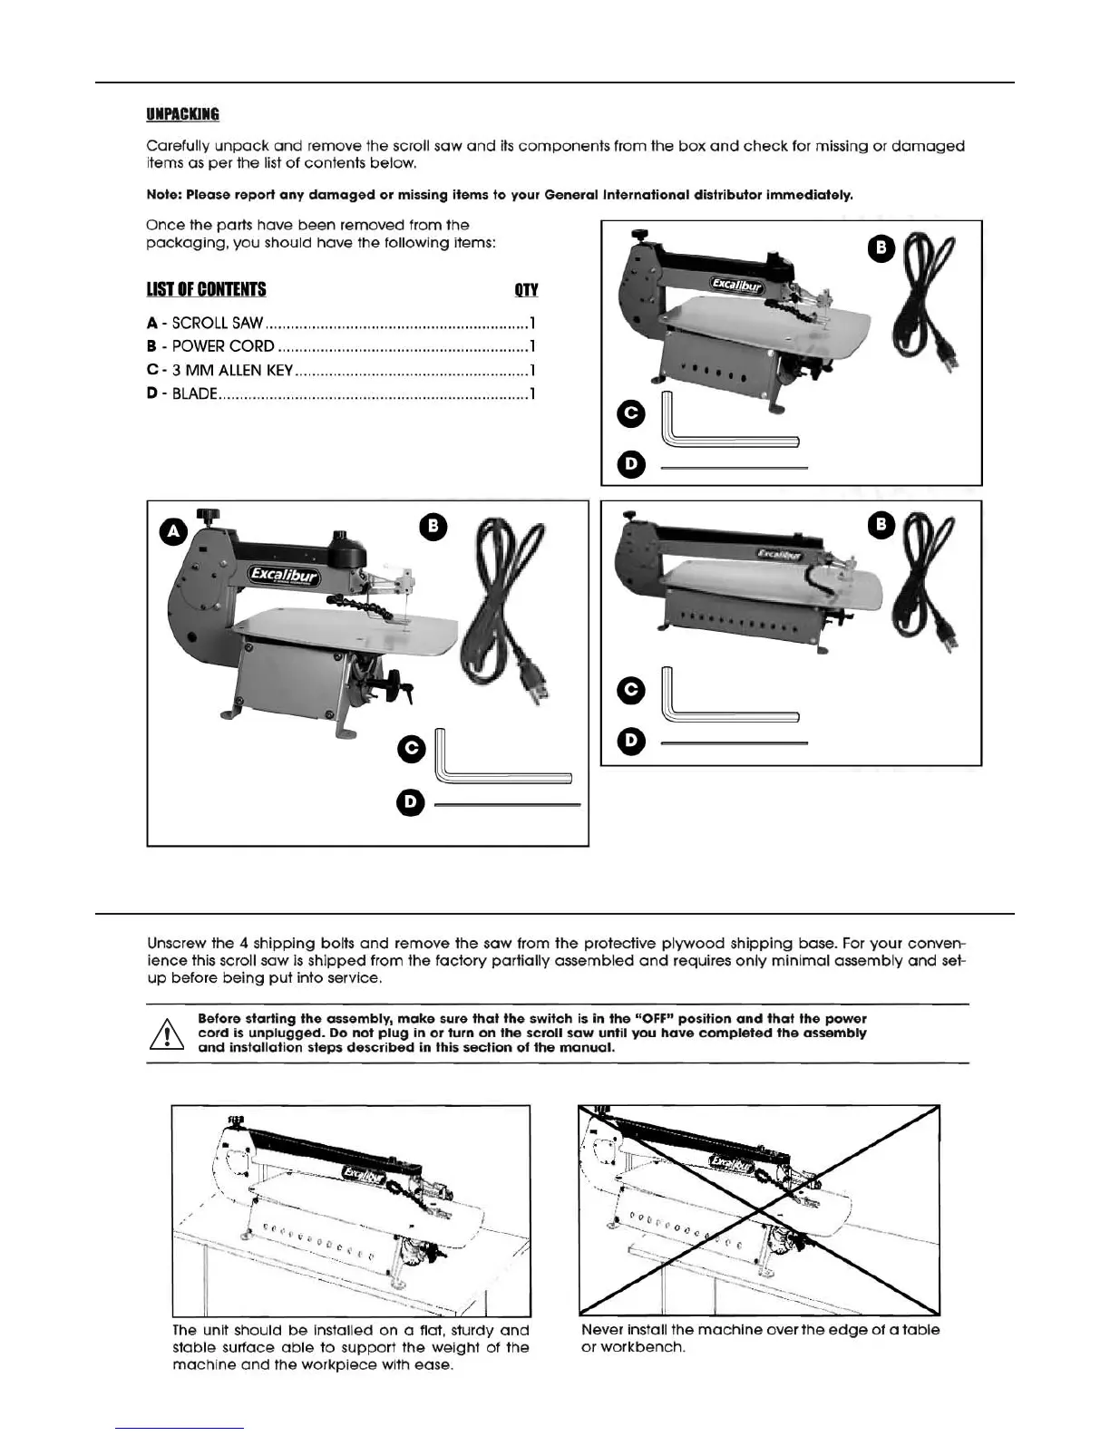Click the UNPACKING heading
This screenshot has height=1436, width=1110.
(x=182, y=114)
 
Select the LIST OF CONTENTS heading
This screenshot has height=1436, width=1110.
(x=206, y=289)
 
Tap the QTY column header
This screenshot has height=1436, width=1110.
(x=526, y=289)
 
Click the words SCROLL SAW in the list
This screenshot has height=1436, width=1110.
(x=218, y=323)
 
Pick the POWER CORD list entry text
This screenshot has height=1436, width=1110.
(x=223, y=346)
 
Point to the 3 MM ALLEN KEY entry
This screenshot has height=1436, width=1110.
(x=232, y=370)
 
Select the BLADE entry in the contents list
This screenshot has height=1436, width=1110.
(x=195, y=393)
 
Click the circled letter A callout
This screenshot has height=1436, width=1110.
(x=173, y=531)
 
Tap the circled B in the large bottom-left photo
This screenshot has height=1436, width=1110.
(x=433, y=527)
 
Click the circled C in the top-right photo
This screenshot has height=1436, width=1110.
(x=630, y=413)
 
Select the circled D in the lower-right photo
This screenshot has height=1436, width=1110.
(x=630, y=741)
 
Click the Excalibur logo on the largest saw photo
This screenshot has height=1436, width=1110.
(x=284, y=576)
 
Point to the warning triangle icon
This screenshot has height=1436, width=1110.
(x=167, y=1033)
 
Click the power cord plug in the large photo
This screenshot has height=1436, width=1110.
(x=536, y=690)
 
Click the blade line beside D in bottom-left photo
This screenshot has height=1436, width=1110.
(x=507, y=804)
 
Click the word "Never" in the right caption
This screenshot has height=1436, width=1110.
(x=602, y=1330)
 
